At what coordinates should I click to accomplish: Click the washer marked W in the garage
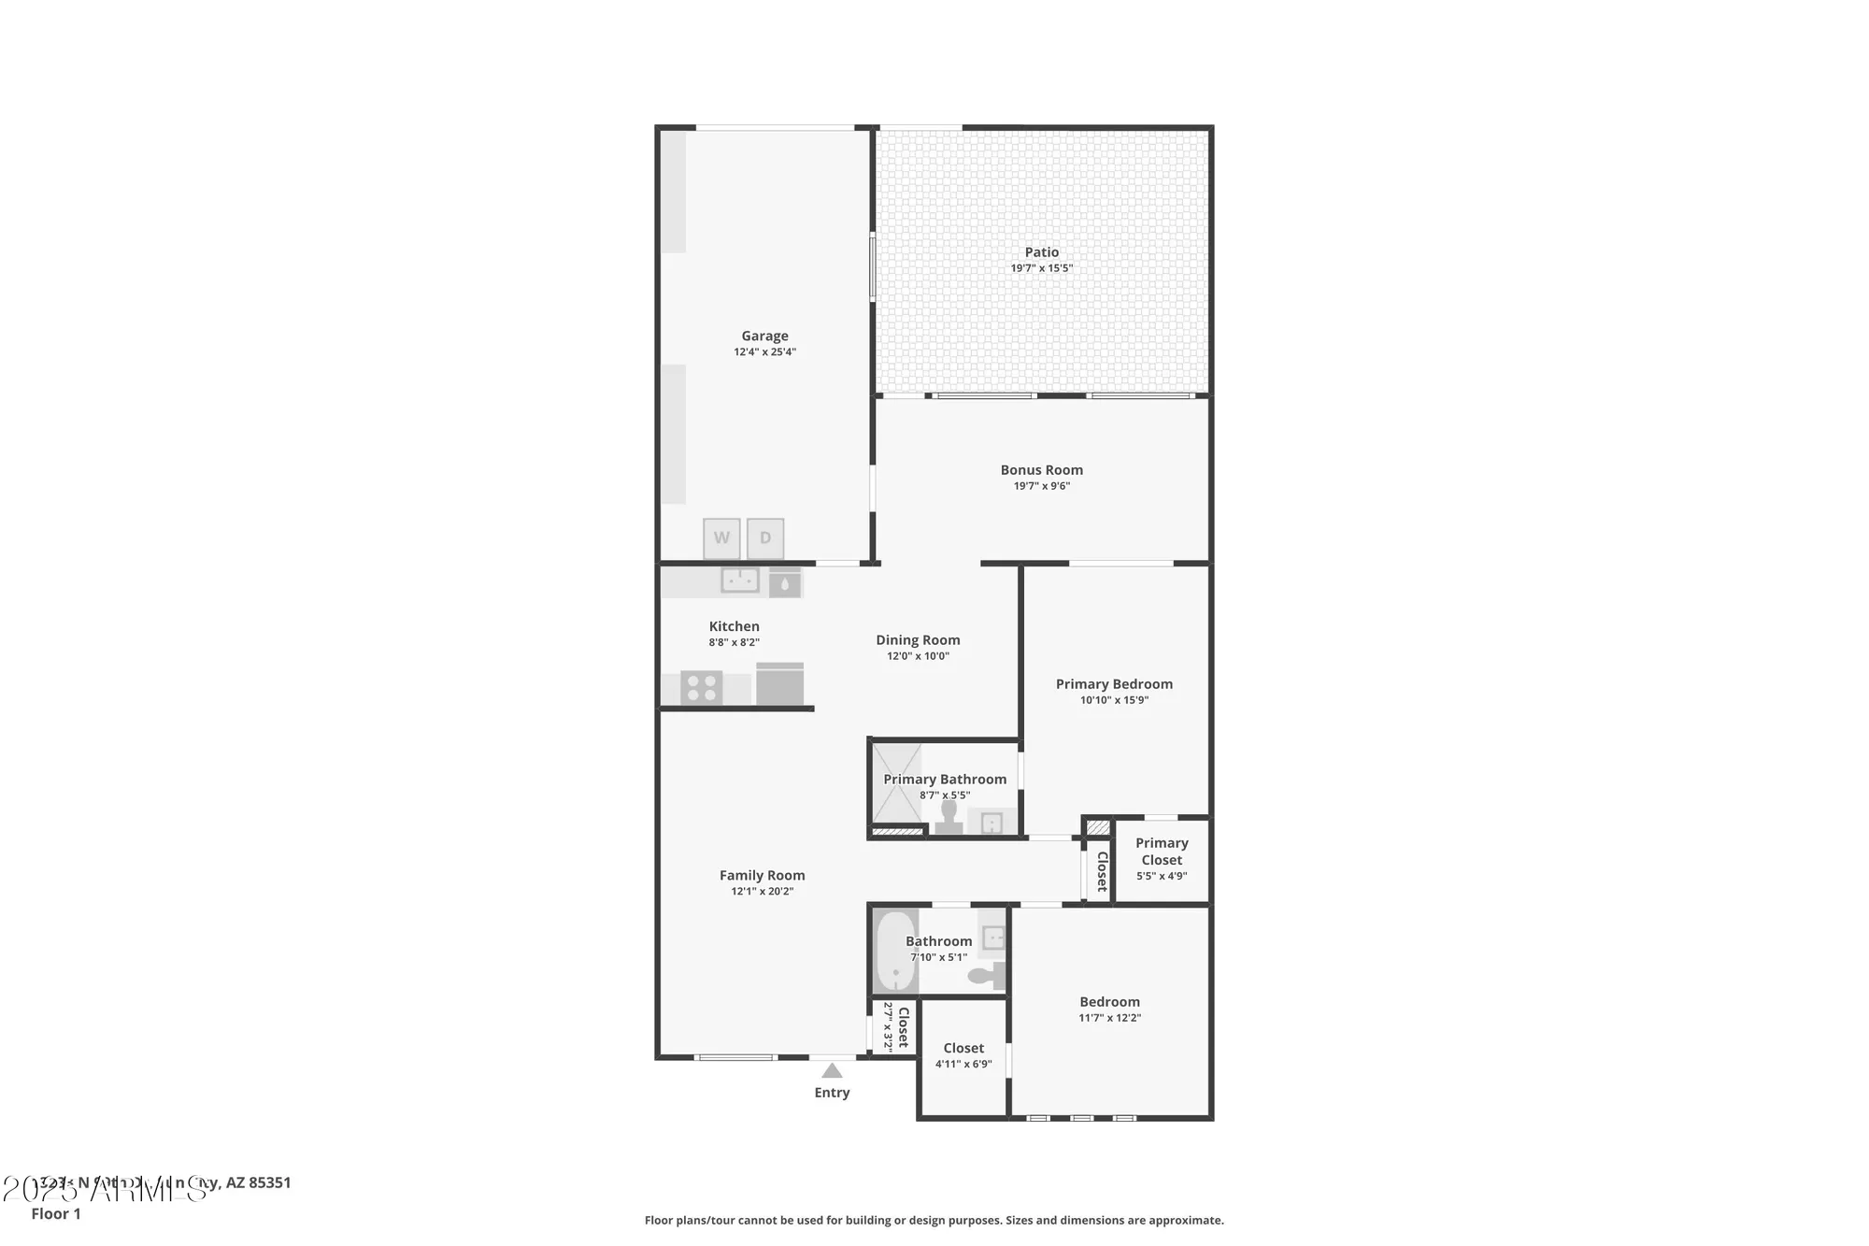pos(721,537)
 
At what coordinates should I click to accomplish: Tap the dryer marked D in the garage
pos(765,537)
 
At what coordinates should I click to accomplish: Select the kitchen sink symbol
pos(739,580)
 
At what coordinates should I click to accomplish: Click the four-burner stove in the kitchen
pos(701,688)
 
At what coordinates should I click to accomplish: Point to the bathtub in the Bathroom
pos(894,952)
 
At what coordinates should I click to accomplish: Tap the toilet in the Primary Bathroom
pos(949,818)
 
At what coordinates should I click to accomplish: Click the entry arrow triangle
pos(832,1071)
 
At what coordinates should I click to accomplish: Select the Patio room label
pos(1041,252)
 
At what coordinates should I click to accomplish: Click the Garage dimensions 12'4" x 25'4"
pos(764,352)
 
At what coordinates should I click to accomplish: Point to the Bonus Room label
pos(1041,470)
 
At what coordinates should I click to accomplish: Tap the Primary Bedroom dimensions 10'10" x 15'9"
pos(1114,700)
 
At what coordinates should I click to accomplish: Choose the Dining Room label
pos(918,640)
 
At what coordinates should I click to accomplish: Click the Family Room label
pos(762,876)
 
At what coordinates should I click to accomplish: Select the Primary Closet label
pos(1162,852)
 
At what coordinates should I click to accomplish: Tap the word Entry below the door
pos(832,1093)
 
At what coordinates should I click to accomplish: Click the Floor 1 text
pos(56,1213)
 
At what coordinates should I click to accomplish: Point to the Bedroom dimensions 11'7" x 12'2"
pos(1109,1018)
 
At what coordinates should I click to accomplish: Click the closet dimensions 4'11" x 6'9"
pos(963,1064)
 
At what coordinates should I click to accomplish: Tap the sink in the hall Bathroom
pos(992,937)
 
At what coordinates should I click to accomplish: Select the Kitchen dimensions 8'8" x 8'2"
pos(734,642)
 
